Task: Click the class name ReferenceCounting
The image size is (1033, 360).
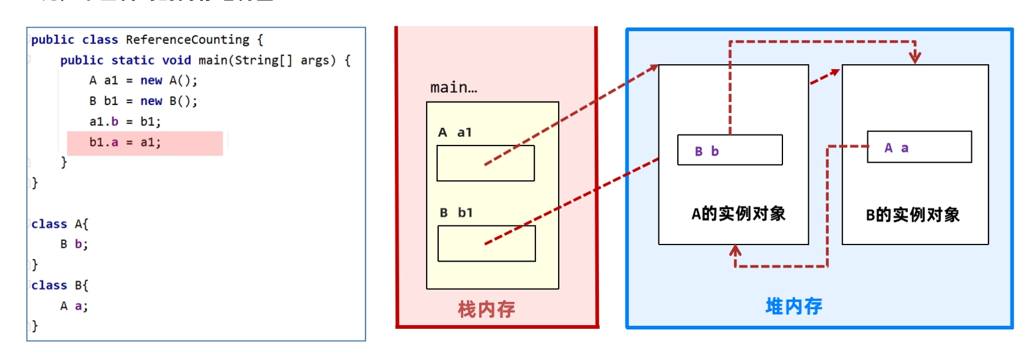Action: [x=187, y=40]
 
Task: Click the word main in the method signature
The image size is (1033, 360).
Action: [x=213, y=61]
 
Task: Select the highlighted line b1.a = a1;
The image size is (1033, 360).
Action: [x=125, y=142]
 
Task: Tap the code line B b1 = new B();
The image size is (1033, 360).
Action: [x=144, y=101]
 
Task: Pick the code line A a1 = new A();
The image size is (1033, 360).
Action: [x=144, y=81]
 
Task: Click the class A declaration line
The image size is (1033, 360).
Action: [x=59, y=224]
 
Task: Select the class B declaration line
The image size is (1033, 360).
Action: [x=59, y=286]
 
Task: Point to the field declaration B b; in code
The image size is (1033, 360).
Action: [x=74, y=244]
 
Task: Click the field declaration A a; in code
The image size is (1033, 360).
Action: [x=74, y=306]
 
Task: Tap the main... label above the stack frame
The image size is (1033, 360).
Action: [x=454, y=87]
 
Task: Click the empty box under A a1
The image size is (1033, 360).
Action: [x=485, y=163]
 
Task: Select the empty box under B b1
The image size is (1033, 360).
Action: [x=487, y=243]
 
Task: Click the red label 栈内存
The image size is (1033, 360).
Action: [x=486, y=309]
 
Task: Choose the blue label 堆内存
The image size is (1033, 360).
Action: [x=793, y=307]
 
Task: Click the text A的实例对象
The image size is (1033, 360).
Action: [x=738, y=214]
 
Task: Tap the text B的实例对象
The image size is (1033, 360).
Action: [x=913, y=215]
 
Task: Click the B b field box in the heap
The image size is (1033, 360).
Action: [x=730, y=150]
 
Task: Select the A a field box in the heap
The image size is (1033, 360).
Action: [x=919, y=147]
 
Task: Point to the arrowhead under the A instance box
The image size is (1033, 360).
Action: [x=735, y=251]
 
